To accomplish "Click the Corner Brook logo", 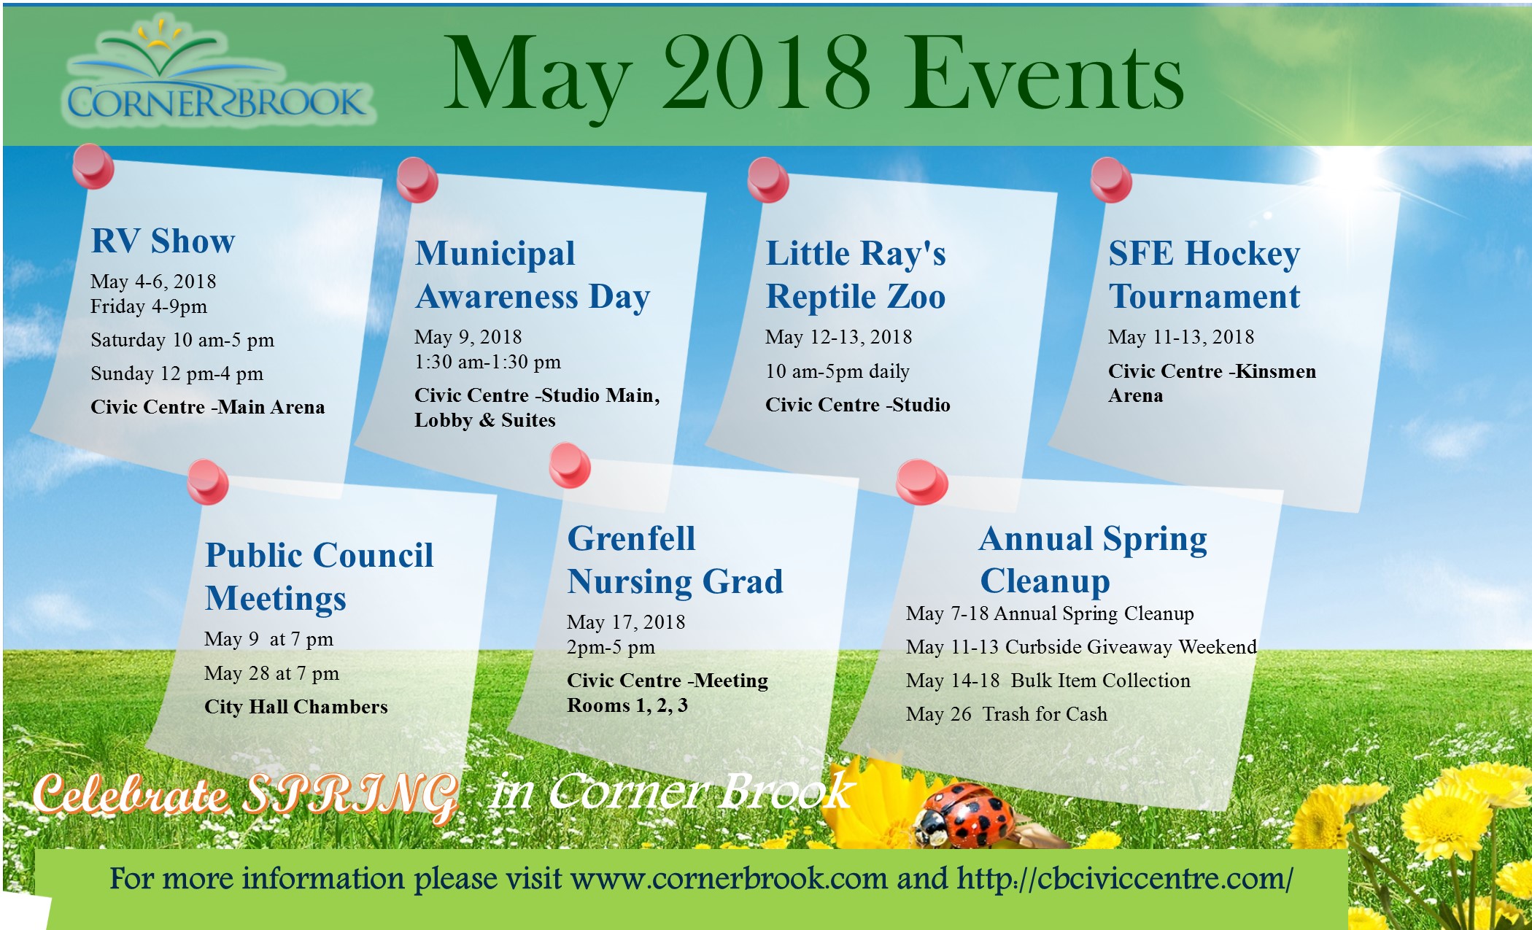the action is (219, 73).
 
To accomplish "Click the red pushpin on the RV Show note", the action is (93, 166).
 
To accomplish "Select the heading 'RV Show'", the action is (163, 241).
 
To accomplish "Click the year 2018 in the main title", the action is (766, 73).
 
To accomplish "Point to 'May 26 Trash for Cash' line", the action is (1006, 714).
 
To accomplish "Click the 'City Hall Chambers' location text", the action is (295, 707).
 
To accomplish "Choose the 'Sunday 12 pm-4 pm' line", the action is (177, 373).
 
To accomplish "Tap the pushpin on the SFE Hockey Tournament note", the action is (1111, 179).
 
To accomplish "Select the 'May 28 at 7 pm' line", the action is (271, 673).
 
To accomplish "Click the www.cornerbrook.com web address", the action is (729, 878).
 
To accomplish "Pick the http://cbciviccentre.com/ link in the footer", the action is (1125, 879).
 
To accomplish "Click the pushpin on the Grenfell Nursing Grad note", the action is (570, 465).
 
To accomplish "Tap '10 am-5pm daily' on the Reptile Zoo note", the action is (837, 371).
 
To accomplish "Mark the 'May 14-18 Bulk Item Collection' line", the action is (1048, 681).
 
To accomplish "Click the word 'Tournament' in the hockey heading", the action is (1204, 296).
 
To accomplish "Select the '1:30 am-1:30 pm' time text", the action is (487, 362).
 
